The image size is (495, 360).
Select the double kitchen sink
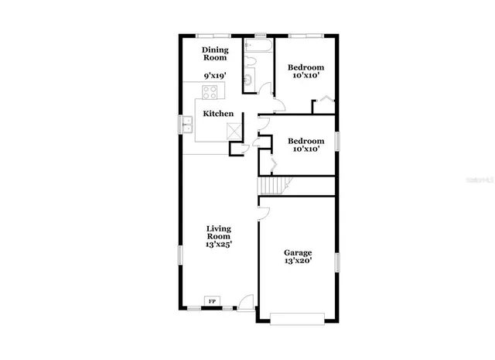click(x=187, y=123)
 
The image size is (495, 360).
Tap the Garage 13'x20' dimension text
click(x=298, y=262)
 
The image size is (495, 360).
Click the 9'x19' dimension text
click(x=215, y=76)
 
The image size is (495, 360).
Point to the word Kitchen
click(x=218, y=114)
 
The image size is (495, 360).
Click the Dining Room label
click(x=215, y=53)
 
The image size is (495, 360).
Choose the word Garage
click(x=298, y=252)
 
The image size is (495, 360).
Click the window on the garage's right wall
click(x=336, y=262)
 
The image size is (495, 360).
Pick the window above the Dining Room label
click(x=211, y=35)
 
